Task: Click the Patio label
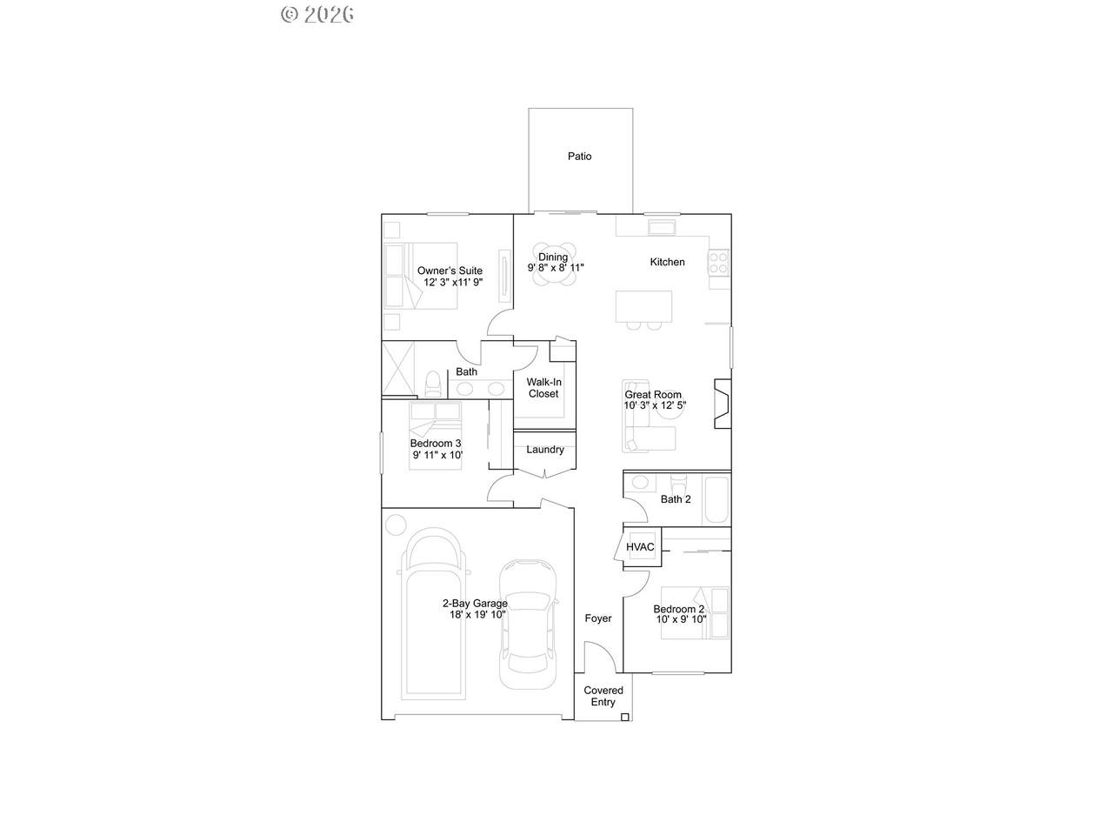tap(579, 157)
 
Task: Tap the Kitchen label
tap(667, 262)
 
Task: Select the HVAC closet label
tap(640, 547)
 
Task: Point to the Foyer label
tap(598, 618)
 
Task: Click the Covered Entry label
tap(603, 696)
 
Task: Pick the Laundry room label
tap(544, 450)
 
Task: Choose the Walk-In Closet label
tap(543, 388)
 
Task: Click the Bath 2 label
tap(676, 499)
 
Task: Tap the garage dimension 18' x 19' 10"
tap(477, 615)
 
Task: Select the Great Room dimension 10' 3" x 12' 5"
tap(655, 405)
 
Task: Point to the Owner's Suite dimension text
tap(453, 282)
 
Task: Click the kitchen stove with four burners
tap(719, 264)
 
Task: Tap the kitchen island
tap(643, 307)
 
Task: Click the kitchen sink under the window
tap(662, 228)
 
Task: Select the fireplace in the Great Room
tap(723, 404)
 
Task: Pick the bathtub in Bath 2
tap(716, 499)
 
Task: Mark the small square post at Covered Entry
tap(624, 717)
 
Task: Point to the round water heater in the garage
tap(396, 524)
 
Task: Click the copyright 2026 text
tap(317, 15)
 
